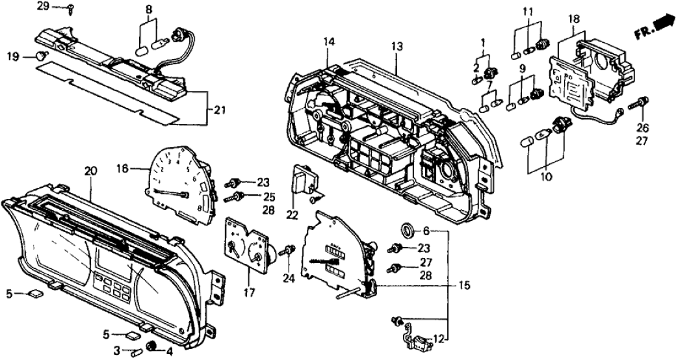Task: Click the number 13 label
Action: click(397, 46)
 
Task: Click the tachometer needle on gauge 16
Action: click(174, 193)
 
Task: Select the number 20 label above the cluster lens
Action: click(90, 171)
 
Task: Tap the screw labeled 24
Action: click(289, 250)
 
